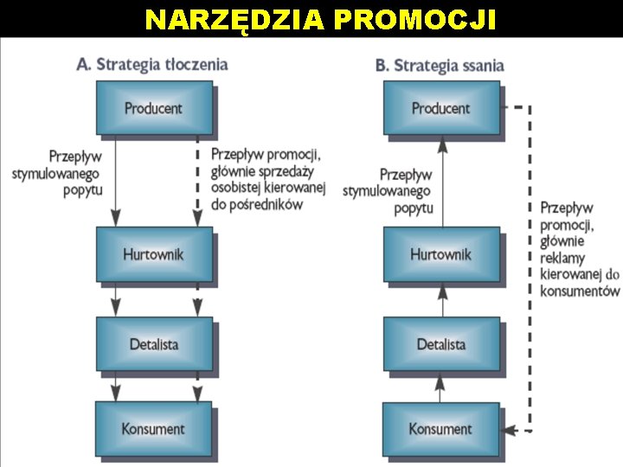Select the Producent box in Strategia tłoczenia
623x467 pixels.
pos(153,109)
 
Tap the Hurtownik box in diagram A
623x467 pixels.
pos(153,255)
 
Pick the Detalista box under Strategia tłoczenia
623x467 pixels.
pos(153,344)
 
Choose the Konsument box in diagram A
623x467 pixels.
pos(153,428)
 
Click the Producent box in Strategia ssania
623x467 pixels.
pos(440,109)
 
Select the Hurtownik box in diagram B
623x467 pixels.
pos(440,255)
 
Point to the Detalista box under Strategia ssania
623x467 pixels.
pos(440,344)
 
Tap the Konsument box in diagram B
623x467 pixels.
pos(440,428)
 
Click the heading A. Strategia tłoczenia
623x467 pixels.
pos(153,64)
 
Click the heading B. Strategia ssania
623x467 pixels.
pos(440,66)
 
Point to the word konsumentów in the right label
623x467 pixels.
pos(580,291)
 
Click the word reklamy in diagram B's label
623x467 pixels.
pos(562,258)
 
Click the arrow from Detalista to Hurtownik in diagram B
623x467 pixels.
pos(441,300)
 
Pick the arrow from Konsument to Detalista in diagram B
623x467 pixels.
pos(441,387)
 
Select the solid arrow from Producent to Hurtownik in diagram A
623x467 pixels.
pos(115,182)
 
